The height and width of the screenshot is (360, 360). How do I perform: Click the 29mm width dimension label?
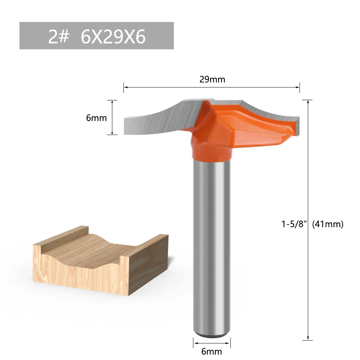click(212, 79)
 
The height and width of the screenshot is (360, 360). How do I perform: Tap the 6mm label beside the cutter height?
click(96, 118)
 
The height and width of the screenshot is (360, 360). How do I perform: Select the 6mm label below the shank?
click(212, 351)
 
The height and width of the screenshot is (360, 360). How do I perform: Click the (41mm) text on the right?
click(328, 224)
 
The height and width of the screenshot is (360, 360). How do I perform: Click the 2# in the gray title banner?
click(58, 36)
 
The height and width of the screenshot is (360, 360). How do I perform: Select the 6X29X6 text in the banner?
click(113, 36)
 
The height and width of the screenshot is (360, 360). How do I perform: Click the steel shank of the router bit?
click(212, 245)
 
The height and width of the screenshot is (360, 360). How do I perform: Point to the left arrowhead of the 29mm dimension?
click(126, 87)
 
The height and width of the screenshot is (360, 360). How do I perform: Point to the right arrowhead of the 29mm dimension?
click(298, 87)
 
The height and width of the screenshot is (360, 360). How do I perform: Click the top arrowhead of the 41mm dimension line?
click(308, 102)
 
